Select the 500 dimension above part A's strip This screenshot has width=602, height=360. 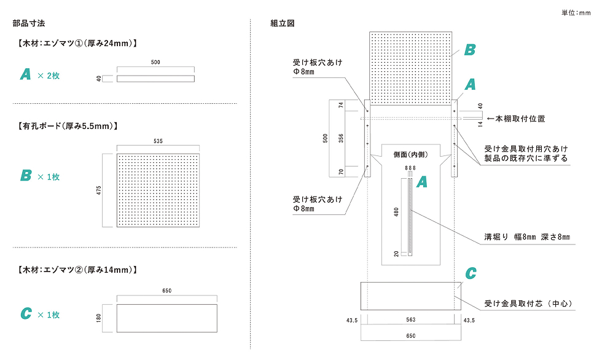(x=155, y=63)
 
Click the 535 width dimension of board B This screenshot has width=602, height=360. (x=158, y=141)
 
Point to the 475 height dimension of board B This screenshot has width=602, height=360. (x=98, y=190)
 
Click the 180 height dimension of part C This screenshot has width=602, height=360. (x=99, y=318)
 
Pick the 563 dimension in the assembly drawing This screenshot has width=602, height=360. (x=411, y=320)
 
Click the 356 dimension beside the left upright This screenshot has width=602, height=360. (x=342, y=138)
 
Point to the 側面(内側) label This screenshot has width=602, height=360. (x=410, y=154)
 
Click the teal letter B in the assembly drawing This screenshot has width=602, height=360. (x=469, y=50)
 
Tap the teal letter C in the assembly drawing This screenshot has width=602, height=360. (x=471, y=273)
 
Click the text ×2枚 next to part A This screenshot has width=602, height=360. (x=49, y=76)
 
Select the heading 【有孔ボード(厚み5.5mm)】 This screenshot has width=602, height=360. (x=68, y=126)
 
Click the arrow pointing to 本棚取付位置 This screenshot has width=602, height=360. (x=490, y=119)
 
